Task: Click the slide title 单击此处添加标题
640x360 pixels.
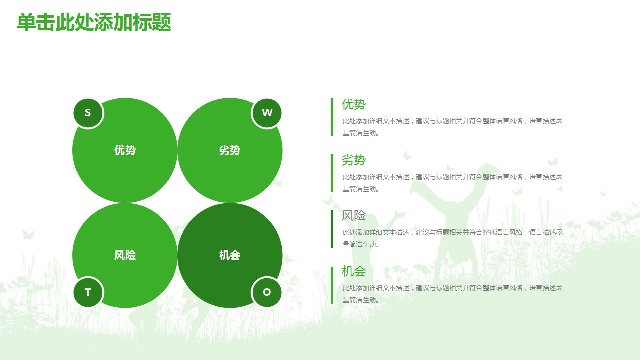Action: [94, 22]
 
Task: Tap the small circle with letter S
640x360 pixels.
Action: [88, 113]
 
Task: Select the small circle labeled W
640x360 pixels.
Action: [267, 113]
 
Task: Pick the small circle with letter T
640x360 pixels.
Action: [88, 292]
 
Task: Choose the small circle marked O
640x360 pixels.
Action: [267, 292]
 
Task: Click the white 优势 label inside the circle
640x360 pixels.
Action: [125, 150]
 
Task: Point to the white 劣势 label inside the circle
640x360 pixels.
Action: [230, 150]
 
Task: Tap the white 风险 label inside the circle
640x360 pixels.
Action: [125, 255]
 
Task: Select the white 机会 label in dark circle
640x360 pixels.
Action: [230, 255]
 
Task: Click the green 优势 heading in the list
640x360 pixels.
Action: [354, 104]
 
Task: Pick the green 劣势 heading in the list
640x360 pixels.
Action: [354, 160]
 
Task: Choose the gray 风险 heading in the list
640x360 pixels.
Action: [354, 215]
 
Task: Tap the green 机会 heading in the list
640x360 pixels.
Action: [354, 271]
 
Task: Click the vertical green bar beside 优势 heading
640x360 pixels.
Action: [332, 117]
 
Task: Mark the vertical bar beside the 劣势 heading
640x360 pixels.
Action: [332, 173]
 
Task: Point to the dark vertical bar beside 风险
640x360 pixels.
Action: [332, 229]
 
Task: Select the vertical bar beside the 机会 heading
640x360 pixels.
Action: [332, 285]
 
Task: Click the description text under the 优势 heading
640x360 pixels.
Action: [452, 127]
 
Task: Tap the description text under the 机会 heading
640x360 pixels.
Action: [452, 294]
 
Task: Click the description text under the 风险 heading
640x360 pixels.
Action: [452, 238]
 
